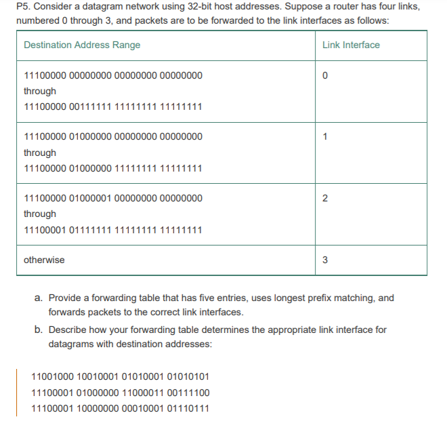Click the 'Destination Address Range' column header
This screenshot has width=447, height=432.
(82, 45)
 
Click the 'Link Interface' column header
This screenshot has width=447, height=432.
(351, 45)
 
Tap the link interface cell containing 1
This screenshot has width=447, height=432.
(326, 137)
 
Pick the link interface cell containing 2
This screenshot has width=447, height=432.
(326, 198)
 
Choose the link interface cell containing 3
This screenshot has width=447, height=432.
(326, 260)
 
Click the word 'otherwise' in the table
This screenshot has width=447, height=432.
(44, 260)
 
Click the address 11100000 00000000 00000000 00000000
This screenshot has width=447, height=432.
(112, 75)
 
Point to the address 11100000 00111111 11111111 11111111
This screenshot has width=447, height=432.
(112, 107)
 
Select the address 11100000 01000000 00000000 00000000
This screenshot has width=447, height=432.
(112, 137)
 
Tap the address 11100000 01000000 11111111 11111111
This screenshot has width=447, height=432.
(112, 168)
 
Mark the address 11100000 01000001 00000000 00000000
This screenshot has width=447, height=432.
(112, 198)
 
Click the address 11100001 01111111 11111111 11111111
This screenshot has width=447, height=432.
(112, 230)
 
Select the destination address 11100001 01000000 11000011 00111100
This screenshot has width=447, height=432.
(121, 392)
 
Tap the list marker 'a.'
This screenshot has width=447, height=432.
(39, 298)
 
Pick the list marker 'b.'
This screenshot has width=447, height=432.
(39, 330)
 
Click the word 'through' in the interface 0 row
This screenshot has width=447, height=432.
(40, 91)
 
